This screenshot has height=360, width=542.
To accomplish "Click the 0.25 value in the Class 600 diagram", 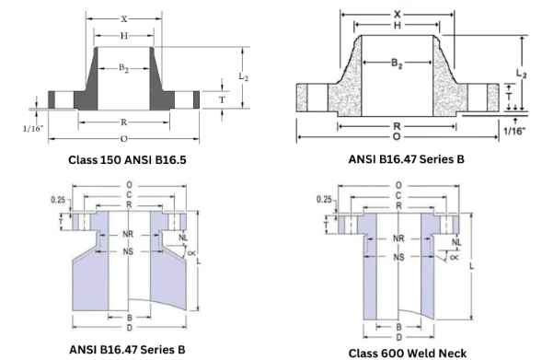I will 324,199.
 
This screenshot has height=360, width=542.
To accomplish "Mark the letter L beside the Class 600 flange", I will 473,266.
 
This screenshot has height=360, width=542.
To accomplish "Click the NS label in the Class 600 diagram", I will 397,256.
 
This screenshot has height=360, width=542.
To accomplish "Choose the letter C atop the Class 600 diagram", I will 397,195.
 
